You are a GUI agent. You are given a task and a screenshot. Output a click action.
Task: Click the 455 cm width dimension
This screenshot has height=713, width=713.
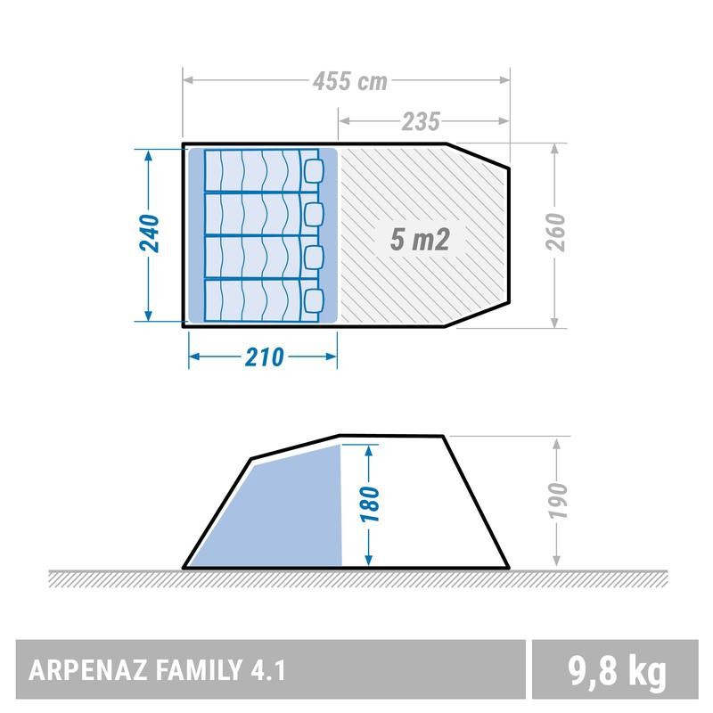(349, 82)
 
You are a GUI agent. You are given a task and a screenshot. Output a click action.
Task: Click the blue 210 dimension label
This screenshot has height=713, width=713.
(264, 357)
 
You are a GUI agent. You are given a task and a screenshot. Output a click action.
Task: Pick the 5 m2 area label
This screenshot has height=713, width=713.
(419, 239)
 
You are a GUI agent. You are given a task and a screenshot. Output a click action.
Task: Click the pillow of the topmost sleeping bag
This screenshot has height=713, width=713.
(315, 169)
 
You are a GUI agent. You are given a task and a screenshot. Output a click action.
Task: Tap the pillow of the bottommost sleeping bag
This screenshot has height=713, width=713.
(315, 299)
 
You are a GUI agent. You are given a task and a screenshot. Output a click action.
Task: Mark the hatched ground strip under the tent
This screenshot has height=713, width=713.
(356, 578)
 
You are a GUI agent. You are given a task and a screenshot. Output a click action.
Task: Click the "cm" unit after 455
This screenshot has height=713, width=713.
(373, 82)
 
